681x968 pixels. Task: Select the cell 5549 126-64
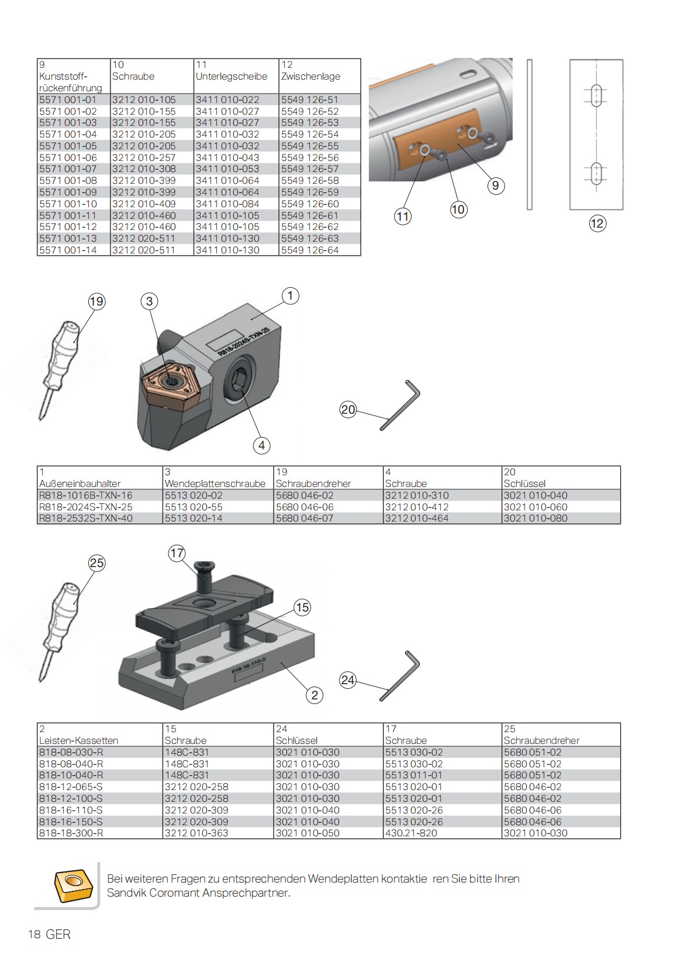310,250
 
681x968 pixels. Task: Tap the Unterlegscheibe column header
231,77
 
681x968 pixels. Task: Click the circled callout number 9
495,186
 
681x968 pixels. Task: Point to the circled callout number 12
597,223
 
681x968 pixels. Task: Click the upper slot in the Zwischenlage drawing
597,95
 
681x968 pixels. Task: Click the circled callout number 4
261,445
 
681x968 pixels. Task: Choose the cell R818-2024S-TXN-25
85,507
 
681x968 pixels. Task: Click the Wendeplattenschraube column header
215,483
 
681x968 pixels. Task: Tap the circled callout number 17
177,553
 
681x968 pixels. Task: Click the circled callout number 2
314,695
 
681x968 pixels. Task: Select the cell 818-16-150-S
71,822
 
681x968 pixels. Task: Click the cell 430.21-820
411,833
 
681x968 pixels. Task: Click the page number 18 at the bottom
34,935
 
